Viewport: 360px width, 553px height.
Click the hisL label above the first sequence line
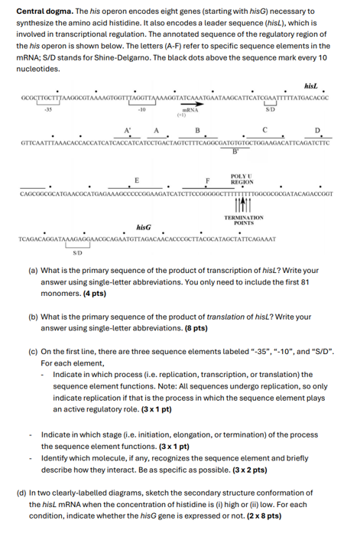click(310, 87)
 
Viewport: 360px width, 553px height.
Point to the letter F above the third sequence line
click(207, 181)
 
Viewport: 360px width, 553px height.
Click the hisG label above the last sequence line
click(144, 228)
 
